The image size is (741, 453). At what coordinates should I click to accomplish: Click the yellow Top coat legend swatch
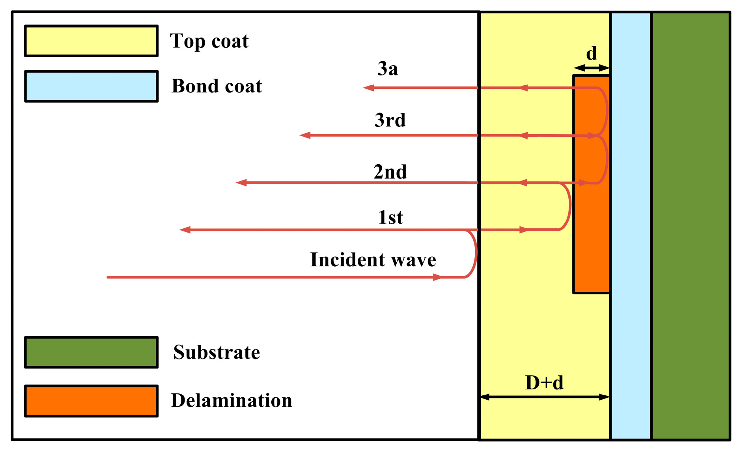tap(91, 41)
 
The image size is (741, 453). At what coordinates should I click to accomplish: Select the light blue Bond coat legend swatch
tap(91, 86)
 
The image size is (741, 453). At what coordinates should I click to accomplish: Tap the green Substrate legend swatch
tap(91, 352)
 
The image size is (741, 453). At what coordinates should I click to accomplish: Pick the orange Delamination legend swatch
tap(91, 401)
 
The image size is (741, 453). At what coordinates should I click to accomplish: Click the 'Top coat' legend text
tap(209, 41)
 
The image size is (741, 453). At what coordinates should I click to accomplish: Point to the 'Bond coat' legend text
tap(217, 86)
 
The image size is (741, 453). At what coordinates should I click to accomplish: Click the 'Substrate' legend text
tap(217, 352)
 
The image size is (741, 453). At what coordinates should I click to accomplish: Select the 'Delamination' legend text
tap(231, 400)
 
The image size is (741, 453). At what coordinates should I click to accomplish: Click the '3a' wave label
tap(388, 69)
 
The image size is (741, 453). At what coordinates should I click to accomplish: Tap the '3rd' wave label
tap(390, 120)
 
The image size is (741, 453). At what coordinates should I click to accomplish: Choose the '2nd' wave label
tap(390, 172)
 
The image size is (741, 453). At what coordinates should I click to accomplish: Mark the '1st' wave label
tap(390, 218)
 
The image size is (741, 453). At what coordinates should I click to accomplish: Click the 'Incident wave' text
tap(373, 260)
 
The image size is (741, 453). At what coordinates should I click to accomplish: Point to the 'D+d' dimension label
tap(544, 383)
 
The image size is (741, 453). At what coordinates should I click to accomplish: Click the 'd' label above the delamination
tap(591, 54)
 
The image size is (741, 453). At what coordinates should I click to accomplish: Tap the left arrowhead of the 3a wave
tap(368, 88)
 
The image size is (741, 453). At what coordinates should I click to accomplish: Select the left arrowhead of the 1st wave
tap(185, 230)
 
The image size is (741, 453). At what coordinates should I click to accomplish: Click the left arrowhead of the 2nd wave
tap(241, 182)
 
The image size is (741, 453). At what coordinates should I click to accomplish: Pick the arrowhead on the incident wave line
tap(437, 277)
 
